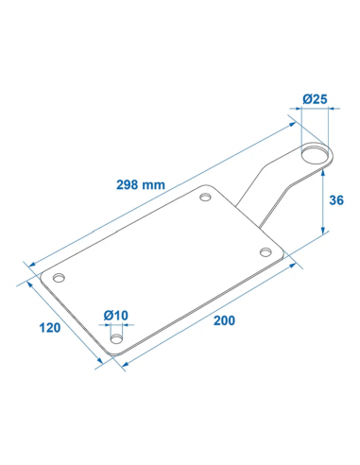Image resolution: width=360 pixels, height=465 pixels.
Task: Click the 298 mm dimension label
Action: click(141, 184)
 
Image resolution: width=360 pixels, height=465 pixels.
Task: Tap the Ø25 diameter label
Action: click(315, 99)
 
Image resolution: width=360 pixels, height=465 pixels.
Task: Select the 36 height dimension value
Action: click(336, 200)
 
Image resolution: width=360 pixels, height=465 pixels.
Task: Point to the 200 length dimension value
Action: click(224, 320)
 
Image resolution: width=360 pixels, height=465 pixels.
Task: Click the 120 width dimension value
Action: click(50, 328)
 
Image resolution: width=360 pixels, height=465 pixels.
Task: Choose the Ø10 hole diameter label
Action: click(116, 315)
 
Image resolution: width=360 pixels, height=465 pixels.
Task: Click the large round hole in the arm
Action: click(315, 153)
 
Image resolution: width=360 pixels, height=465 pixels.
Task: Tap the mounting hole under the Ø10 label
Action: click(116, 339)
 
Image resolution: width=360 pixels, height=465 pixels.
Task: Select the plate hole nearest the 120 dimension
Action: click(59, 278)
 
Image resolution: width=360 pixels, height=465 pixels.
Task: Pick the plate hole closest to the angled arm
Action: click(205, 198)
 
